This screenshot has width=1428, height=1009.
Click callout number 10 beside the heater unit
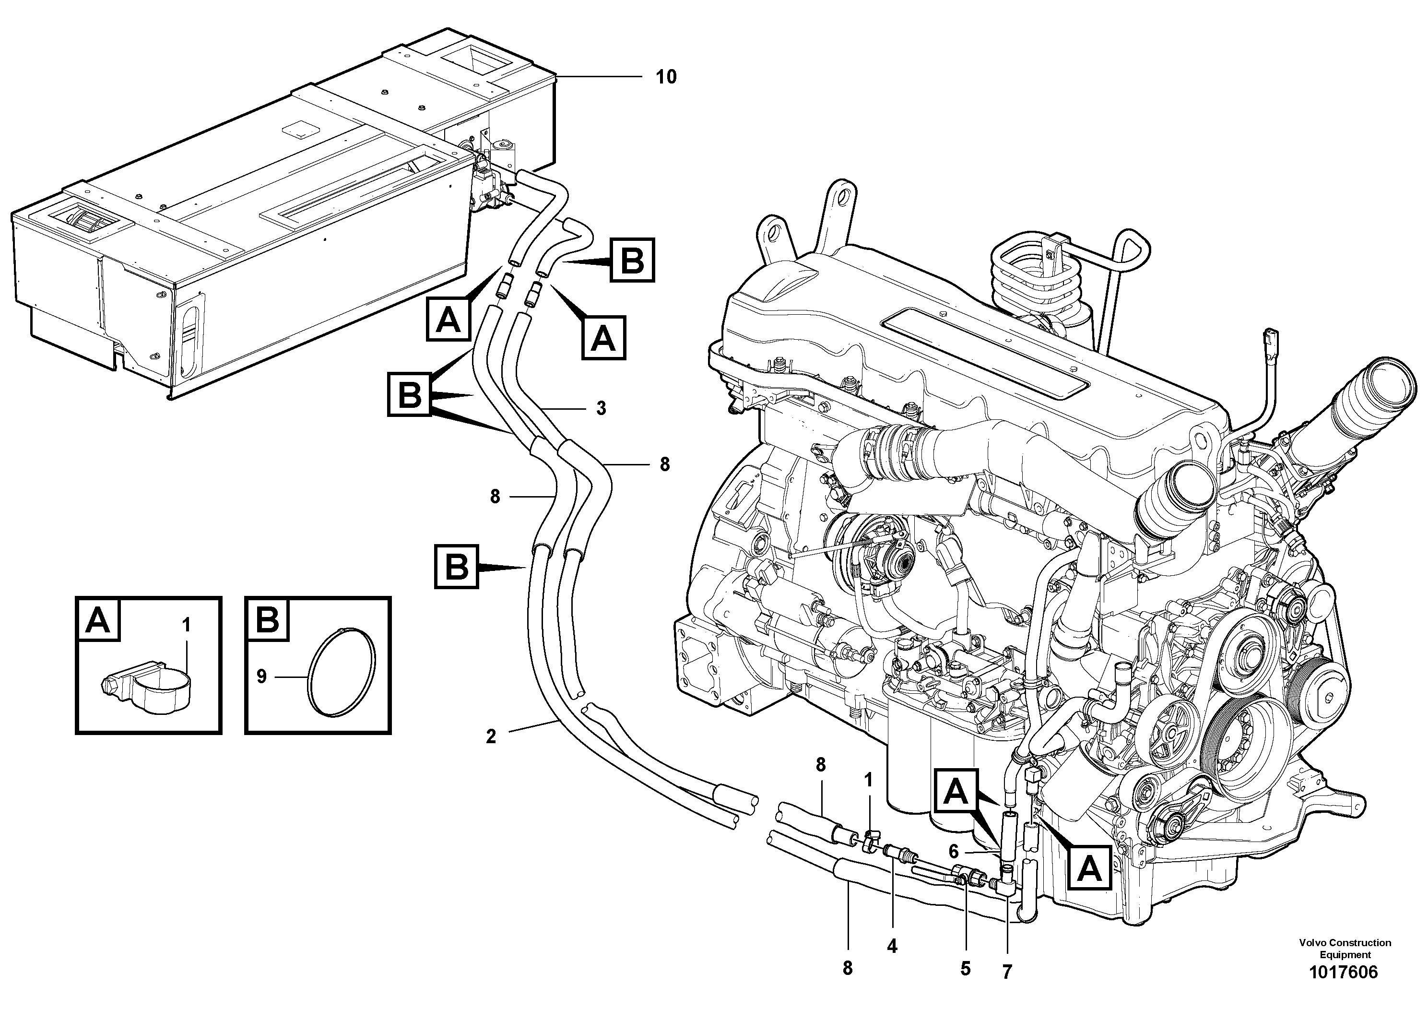point(665,77)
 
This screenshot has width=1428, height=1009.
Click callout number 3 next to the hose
point(601,408)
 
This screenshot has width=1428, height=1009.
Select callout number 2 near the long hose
point(491,737)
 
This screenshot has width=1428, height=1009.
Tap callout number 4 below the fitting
point(892,947)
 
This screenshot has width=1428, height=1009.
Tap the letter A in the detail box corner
point(98,621)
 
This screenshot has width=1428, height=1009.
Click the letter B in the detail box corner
point(268,621)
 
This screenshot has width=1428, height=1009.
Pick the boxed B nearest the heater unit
point(632,260)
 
